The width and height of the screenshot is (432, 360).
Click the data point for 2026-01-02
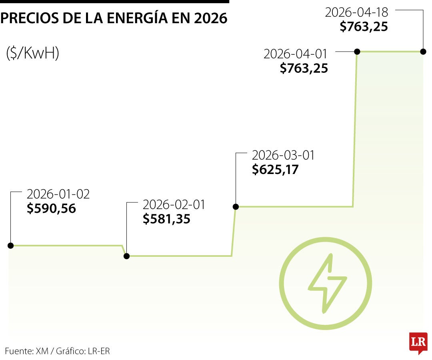tap(11, 245)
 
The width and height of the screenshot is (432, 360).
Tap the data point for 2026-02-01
tap(127, 256)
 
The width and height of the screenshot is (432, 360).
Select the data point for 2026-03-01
tap(236, 206)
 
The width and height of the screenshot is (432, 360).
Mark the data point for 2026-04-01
tap(357, 52)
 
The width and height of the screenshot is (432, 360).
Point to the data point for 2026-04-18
tap(423, 52)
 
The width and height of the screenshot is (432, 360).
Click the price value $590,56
tap(51, 208)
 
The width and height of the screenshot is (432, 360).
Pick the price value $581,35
tap(166, 219)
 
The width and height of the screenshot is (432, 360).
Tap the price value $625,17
tap(275, 169)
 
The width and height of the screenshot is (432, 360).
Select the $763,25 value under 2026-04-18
tap(364, 26)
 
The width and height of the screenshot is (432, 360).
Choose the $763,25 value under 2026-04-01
tap(304, 68)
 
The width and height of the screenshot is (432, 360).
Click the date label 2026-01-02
tap(58, 194)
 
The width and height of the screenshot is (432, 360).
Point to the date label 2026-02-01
tap(174, 205)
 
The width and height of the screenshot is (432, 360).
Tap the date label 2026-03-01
tap(283, 155)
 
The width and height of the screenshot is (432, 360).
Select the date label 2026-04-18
tap(356, 12)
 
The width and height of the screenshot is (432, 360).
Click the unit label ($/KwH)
tap(33, 53)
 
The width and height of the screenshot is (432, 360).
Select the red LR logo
tap(418, 343)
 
